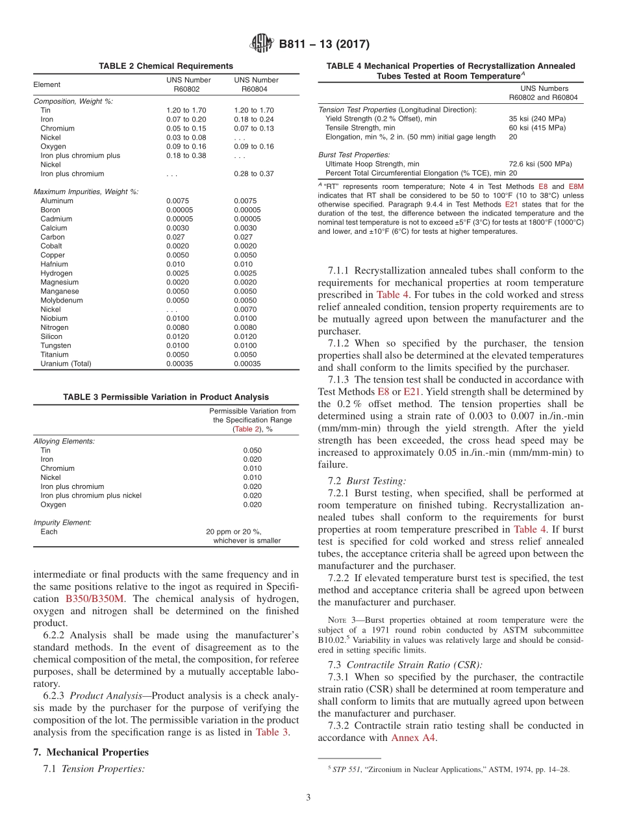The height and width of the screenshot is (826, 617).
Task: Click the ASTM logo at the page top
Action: tap(262, 45)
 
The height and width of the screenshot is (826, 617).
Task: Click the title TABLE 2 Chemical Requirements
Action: tap(166, 66)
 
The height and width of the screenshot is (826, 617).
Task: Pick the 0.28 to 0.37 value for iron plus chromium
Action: tap(254, 174)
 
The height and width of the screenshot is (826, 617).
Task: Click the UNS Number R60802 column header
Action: tap(188, 84)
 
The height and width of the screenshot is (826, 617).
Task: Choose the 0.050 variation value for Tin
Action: tap(253, 450)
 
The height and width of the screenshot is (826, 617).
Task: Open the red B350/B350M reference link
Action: tap(96, 598)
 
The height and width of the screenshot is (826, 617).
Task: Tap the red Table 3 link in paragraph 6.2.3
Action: tap(268, 732)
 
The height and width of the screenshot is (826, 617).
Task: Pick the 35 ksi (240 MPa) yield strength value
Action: tap(537, 119)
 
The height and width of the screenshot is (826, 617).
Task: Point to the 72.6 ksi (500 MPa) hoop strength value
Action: tap(540, 164)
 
